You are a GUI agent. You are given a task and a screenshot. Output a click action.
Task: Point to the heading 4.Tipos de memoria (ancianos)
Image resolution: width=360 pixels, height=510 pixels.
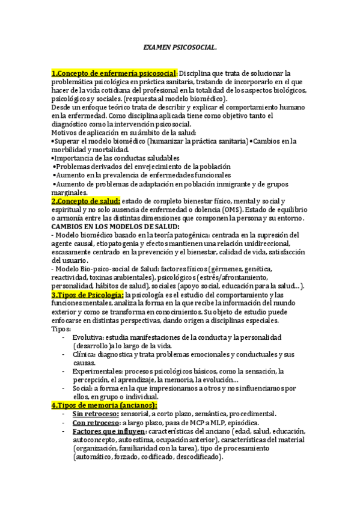pyautogui.click(x=99, y=405)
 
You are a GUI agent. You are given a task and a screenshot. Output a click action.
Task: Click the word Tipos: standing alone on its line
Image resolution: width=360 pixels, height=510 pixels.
pyautogui.click(x=61, y=330)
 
